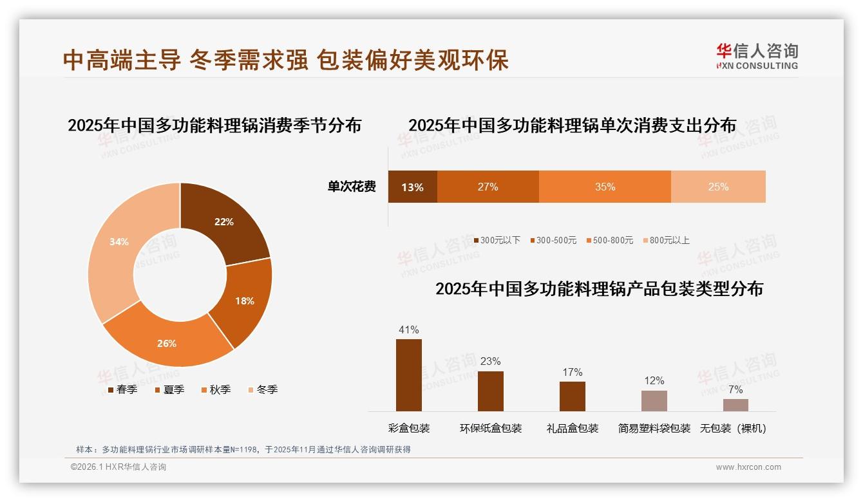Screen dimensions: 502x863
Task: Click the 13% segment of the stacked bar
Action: coord(412,187)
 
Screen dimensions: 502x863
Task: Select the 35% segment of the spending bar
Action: coord(605,187)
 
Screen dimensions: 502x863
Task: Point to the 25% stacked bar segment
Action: coord(718,187)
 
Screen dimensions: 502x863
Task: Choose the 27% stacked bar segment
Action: coord(488,187)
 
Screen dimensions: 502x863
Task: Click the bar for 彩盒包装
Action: coord(409,375)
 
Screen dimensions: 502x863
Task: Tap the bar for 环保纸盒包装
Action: coord(491,391)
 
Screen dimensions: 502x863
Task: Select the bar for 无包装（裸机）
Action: coord(735,405)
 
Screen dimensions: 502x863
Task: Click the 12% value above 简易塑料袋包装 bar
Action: coord(654,381)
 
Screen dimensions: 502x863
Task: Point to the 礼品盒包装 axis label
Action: coord(573,429)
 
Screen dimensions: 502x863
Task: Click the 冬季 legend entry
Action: coord(263,390)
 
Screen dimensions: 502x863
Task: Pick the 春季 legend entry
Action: coord(122,390)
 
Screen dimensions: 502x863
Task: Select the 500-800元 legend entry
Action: coord(609,241)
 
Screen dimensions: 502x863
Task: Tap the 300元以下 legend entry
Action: coord(497,241)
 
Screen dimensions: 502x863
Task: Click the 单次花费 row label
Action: coord(352,187)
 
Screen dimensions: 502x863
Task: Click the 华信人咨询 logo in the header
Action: coord(757,56)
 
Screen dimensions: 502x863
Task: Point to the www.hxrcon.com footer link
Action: coord(748,467)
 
